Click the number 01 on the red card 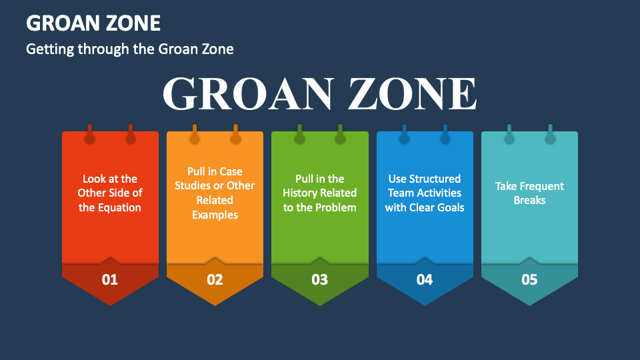[x=110, y=280]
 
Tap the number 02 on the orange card [x=215, y=280]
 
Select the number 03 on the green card [x=320, y=280]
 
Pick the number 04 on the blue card [x=425, y=280]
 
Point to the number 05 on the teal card [x=529, y=280]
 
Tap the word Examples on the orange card [x=215, y=215]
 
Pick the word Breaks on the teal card [x=529, y=200]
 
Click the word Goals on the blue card [x=449, y=207]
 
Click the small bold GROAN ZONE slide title [x=93, y=23]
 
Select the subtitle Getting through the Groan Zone [x=129, y=49]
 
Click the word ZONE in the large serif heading [x=411, y=94]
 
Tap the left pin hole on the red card [x=89, y=139]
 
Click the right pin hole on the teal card [x=550, y=139]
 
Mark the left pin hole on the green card [x=299, y=139]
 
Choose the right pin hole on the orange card [x=235, y=139]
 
